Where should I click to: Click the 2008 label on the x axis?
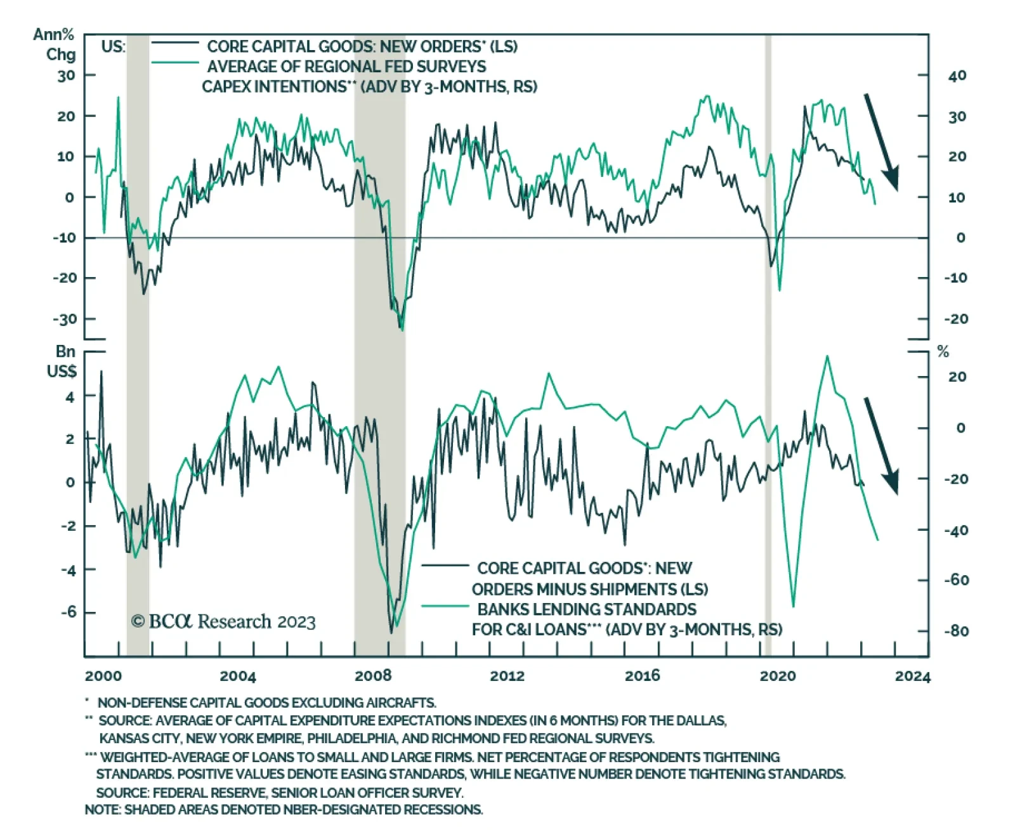373,676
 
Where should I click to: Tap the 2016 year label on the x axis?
643,676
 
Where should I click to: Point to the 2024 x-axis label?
912,677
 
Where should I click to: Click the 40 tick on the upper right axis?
957,75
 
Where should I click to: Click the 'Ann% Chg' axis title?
55,44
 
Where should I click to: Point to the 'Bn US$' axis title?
62,361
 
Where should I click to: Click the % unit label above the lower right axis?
943,352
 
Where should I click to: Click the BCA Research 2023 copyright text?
223,621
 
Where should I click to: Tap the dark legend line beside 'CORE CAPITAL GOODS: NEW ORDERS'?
175,42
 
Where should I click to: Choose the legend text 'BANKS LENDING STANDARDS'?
586,609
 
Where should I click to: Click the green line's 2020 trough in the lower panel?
793,606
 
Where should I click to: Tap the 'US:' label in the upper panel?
114,46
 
